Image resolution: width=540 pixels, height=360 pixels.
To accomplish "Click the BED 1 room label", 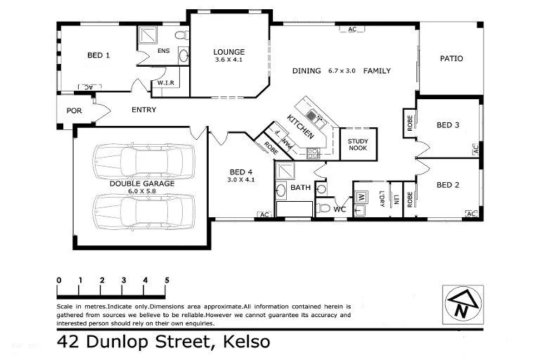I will (x=98, y=55).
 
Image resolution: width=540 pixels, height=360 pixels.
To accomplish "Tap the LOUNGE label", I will (x=229, y=52).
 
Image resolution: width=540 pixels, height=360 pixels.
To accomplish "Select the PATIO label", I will (x=451, y=58).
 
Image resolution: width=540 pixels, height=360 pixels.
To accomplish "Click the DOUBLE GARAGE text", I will (x=141, y=184).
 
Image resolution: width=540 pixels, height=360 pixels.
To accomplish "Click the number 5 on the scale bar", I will (x=167, y=281).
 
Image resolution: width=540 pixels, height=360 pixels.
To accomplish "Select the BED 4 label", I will (x=240, y=172).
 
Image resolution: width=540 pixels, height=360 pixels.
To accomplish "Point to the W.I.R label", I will (x=166, y=83).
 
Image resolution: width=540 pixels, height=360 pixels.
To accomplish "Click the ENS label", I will (x=163, y=51).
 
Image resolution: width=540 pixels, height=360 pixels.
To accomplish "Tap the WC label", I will (x=339, y=210).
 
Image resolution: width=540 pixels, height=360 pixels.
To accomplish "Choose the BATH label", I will (x=301, y=188).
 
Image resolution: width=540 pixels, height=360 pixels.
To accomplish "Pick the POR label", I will (x=75, y=110).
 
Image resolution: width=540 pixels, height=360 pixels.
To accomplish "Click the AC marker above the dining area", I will (x=352, y=30).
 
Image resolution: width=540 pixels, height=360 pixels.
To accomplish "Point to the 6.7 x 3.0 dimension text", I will (x=342, y=70).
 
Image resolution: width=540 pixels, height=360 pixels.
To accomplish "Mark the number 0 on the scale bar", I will (x=59, y=281).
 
